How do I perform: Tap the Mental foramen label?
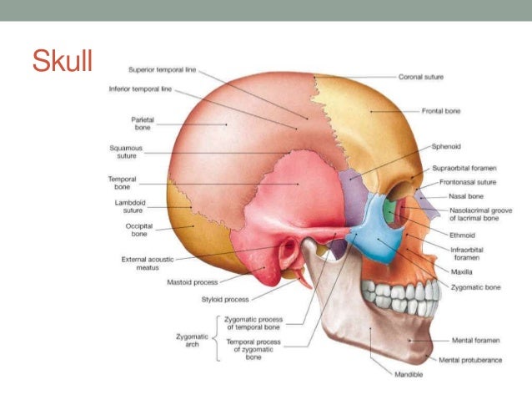pos(474,341)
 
